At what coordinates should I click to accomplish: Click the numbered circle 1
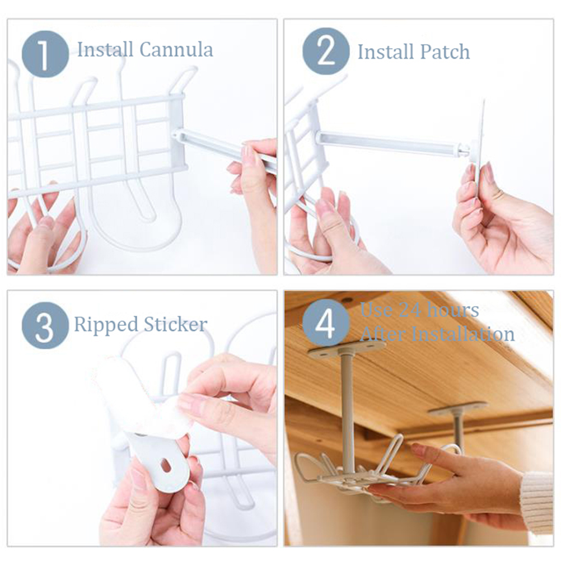[45, 54]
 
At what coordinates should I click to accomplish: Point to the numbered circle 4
[326, 322]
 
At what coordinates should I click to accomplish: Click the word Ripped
[106, 325]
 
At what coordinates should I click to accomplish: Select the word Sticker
[175, 324]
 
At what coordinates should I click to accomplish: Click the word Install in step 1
[105, 49]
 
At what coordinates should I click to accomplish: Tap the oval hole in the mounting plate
[166, 465]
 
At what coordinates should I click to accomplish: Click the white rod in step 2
[392, 143]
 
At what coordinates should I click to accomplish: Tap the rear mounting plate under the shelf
[457, 409]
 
